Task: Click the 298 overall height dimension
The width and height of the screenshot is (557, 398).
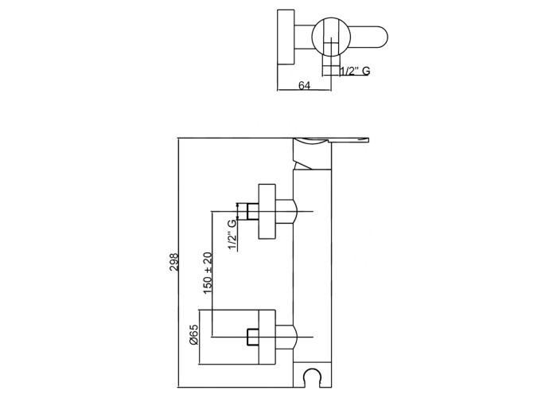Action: (174, 262)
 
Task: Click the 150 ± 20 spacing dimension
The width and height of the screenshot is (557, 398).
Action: (208, 273)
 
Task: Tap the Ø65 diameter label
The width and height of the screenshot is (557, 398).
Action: (194, 335)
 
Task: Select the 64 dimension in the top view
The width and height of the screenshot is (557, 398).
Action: (304, 85)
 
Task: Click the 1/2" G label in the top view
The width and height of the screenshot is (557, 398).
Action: (355, 71)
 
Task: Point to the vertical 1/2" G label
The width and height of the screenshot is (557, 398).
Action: (232, 235)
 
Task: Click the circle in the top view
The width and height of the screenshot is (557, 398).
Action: (332, 37)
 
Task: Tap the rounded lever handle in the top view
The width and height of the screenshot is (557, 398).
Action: (368, 37)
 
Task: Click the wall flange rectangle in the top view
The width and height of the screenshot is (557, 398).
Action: (286, 37)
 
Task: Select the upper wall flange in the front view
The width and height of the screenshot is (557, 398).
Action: (267, 212)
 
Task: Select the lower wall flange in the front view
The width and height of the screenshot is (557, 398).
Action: (267, 337)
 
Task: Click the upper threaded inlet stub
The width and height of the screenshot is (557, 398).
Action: (252, 212)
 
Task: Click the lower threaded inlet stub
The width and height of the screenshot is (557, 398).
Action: (252, 337)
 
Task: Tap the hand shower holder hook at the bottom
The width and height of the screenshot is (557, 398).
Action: (313, 378)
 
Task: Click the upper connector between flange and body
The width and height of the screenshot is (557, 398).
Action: (286, 212)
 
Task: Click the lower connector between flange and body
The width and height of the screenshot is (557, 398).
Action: (286, 337)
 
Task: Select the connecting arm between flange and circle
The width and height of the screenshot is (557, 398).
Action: (304, 37)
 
